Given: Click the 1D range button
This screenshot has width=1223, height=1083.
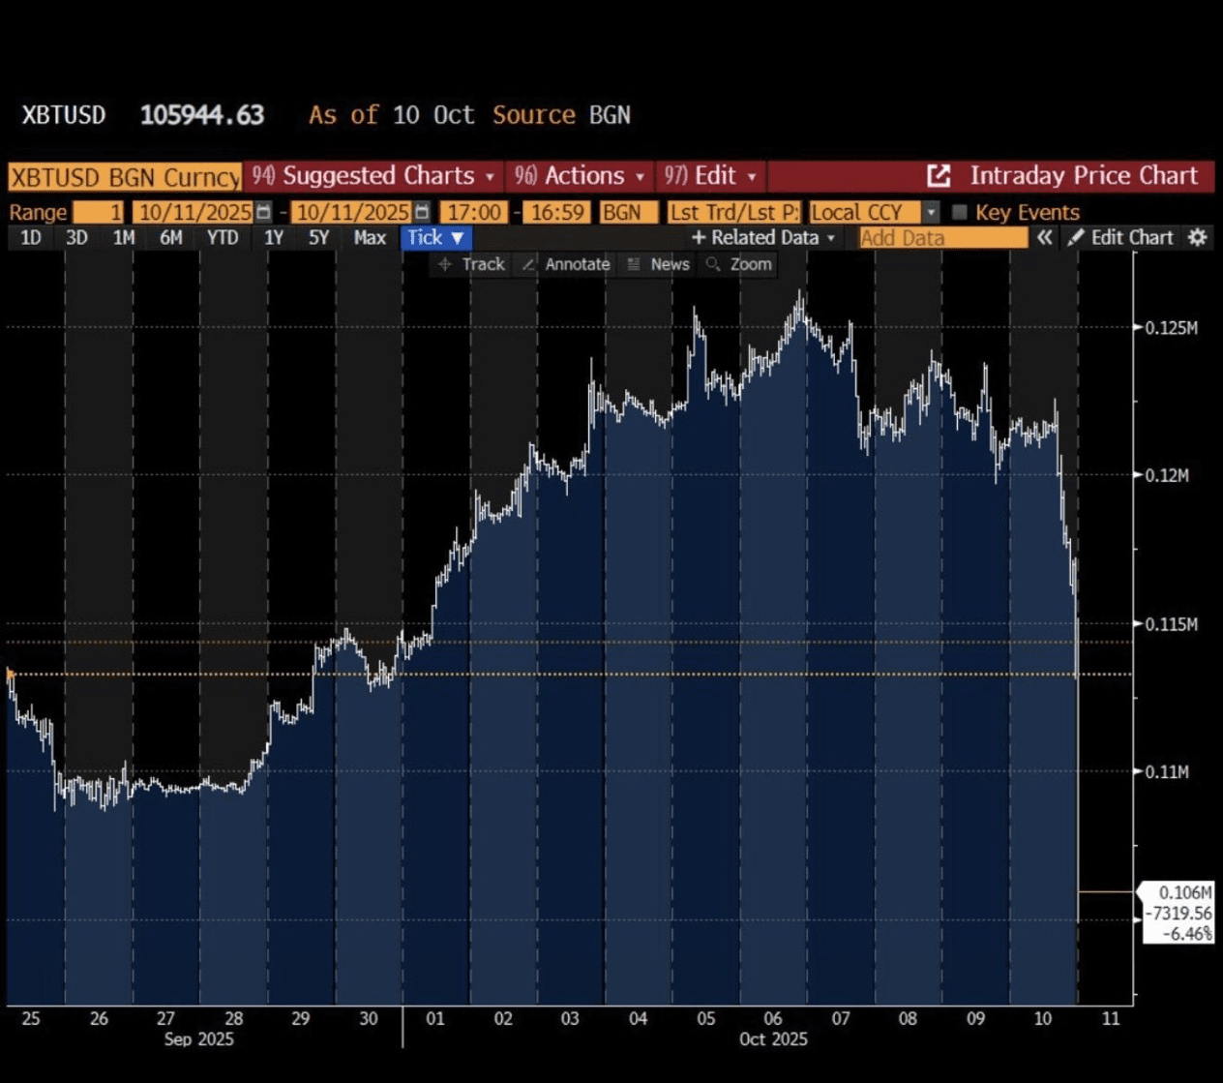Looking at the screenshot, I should tap(31, 238).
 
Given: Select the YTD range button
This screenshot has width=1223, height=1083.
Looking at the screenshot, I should tap(223, 238).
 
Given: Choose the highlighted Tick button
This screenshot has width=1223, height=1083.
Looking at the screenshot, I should tap(436, 238).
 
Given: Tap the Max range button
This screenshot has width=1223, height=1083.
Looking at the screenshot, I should tap(370, 238).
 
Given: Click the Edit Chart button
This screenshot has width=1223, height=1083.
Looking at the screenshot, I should tap(1121, 238).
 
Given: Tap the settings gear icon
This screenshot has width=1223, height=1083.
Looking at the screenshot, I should tap(1198, 238).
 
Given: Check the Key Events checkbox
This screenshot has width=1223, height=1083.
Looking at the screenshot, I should tap(960, 212).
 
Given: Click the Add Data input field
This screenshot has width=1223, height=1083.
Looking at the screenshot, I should tap(942, 238).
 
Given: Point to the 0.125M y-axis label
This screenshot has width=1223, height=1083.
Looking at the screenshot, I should tap(1171, 328).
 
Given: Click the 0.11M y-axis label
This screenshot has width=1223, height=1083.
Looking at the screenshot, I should tap(1168, 771).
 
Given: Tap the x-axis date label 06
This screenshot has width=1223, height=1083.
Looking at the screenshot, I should tap(772, 1018).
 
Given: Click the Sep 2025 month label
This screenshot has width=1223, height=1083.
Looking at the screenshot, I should tap(198, 1039).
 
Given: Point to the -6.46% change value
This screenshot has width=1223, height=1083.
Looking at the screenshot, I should tap(1186, 934).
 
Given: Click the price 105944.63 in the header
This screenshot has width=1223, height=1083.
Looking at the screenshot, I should tap(202, 115).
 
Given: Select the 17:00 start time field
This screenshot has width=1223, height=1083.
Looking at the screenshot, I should tap(474, 212).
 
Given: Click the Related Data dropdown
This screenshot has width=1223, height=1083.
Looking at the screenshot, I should tap(763, 238).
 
